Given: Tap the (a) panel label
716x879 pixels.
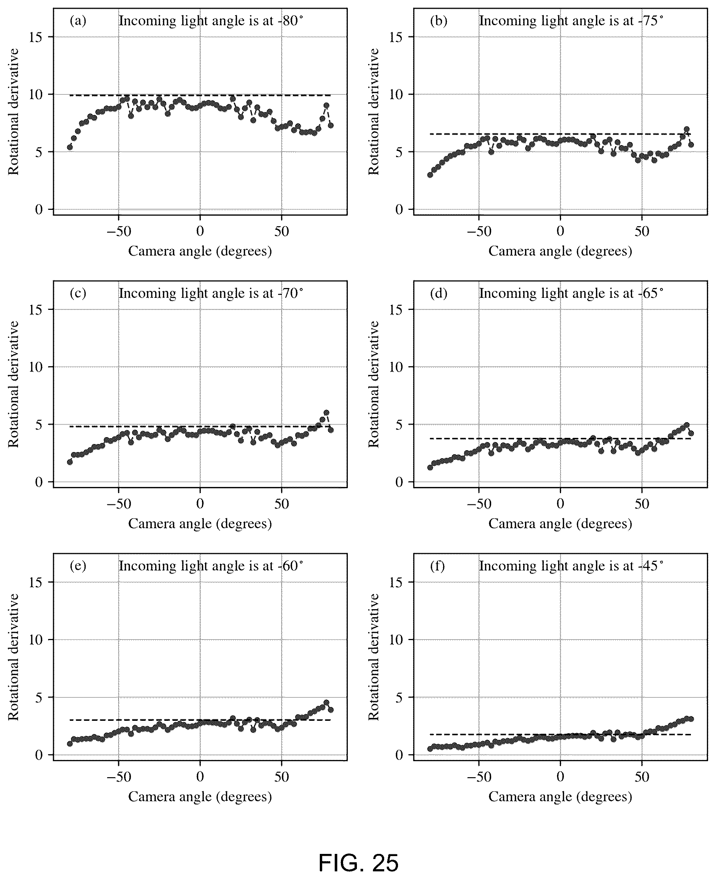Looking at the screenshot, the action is pyautogui.click(x=78, y=21).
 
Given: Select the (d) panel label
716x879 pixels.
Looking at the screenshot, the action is pyautogui.click(x=438, y=293).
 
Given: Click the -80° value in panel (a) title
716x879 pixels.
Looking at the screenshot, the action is pyautogui.click(x=291, y=21).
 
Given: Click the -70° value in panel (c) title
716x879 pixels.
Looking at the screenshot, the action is pyautogui.click(x=291, y=293).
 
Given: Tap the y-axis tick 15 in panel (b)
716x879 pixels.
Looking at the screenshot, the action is pyautogui.click(x=396, y=37).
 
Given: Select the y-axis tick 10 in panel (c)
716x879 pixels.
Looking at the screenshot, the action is pyautogui.click(x=36, y=367).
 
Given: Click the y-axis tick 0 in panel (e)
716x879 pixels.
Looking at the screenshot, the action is pyautogui.click(x=39, y=755).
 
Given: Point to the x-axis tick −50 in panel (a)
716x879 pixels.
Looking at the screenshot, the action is pyautogui.click(x=119, y=231).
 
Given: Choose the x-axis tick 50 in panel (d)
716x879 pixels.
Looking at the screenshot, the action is pyautogui.click(x=642, y=504).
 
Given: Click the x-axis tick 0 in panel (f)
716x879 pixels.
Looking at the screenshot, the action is pyautogui.click(x=560, y=776).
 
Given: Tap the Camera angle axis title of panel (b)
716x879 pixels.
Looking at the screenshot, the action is pyautogui.click(x=560, y=251).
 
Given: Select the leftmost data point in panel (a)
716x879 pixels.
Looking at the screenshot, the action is pyautogui.click(x=70, y=147).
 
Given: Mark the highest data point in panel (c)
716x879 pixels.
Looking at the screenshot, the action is pyautogui.click(x=326, y=413).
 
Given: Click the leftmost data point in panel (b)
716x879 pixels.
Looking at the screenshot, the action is pyautogui.click(x=430, y=175).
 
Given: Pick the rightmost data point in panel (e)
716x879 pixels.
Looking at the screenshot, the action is pyautogui.click(x=330, y=710).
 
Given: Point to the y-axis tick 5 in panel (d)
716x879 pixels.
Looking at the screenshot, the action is pyautogui.click(x=399, y=424).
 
